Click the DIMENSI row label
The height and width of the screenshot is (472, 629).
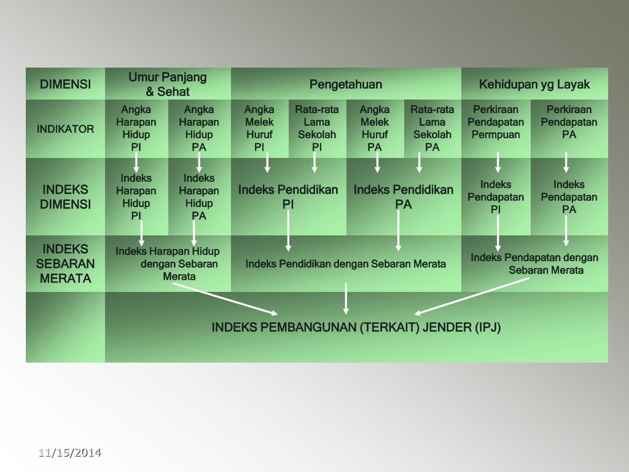coord(65,84)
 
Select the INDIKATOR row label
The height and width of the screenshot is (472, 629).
coord(65,129)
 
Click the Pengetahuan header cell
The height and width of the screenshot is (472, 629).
coord(346,84)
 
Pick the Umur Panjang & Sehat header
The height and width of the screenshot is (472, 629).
coord(168,84)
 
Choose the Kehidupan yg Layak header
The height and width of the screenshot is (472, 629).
coord(534,84)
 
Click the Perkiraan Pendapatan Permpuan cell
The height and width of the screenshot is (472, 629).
coord(496,122)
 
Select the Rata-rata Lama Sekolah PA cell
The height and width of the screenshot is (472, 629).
coord(432,128)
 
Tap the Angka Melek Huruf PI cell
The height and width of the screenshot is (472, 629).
coord(259,128)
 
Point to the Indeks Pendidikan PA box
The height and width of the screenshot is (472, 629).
coord(404,197)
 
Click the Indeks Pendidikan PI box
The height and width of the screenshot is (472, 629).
coord(288,197)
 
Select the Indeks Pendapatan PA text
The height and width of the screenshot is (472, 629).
coord(569,197)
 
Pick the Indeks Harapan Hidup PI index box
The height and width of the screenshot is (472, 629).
coord(136,197)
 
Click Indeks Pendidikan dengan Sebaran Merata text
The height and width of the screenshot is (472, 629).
coord(346,264)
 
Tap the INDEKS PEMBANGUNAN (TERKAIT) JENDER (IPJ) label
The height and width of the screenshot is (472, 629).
coord(356,327)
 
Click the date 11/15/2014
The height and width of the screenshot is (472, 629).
coord(69,453)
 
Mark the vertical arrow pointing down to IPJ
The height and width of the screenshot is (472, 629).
coord(346,299)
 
